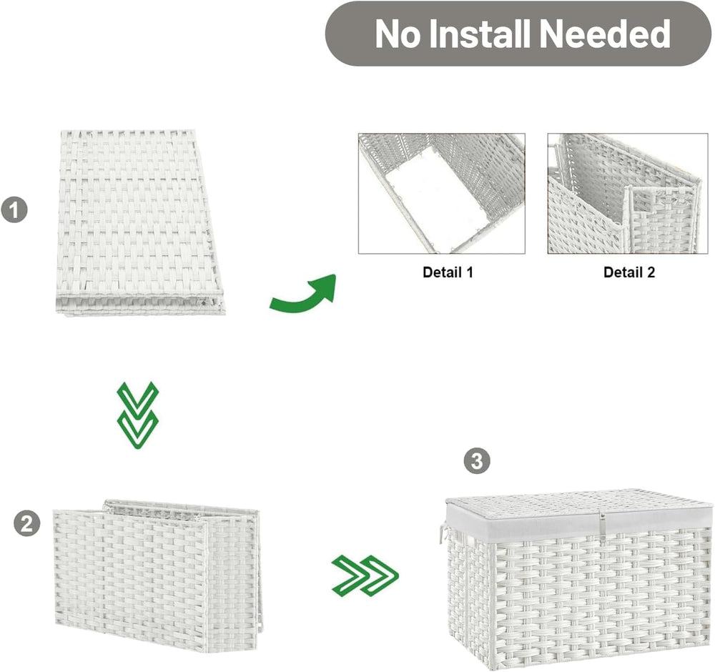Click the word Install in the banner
pyautogui.click(x=480, y=34)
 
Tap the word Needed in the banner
pyautogui.click(x=605, y=34)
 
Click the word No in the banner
pyautogui.click(x=397, y=34)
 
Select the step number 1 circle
pyautogui.click(x=14, y=209)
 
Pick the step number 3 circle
pyautogui.click(x=476, y=460)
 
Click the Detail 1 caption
pyautogui.click(x=448, y=272)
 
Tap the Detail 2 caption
pyautogui.click(x=628, y=272)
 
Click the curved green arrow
pyautogui.click(x=303, y=297)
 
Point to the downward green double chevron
pyautogui.click(x=138, y=415)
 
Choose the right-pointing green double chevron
pyautogui.click(x=365, y=575)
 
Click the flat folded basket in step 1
pyautogui.click(x=139, y=222)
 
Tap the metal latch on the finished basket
pyautogui.click(x=602, y=527)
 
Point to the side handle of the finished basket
pyautogui.click(x=443, y=533)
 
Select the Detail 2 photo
pyautogui.click(x=628, y=193)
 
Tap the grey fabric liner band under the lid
pyautogui.click(x=579, y=523)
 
